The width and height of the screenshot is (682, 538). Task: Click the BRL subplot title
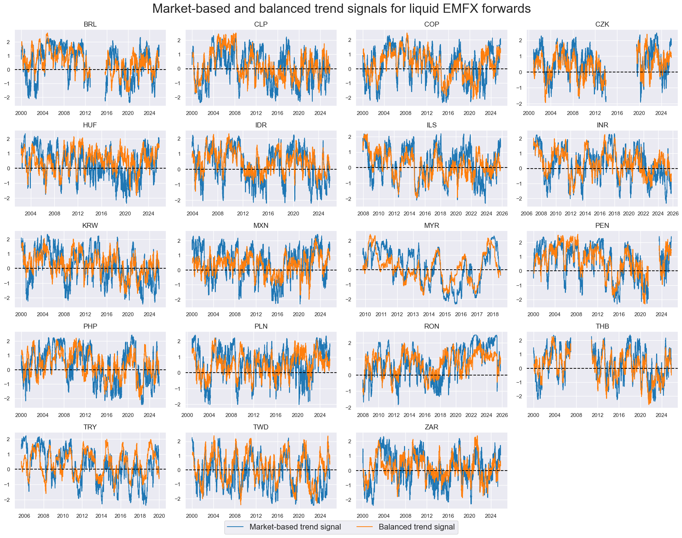pyautogui.click(x=90, y=24)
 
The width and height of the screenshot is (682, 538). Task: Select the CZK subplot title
pyautogui.click(x=602, y=24)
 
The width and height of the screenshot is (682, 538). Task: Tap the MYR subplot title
pyautogui.click(x=431, y=226)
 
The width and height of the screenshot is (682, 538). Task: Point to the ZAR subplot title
pyautogui.click(x=431, y=427)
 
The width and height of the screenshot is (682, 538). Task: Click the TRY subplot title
pyautogui.click(x=90, y=427)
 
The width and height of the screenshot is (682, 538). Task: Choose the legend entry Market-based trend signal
pyautogui.click(x=295, y=527)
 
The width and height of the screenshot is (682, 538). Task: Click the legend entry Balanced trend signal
pyautogui.click(x=416, y=527)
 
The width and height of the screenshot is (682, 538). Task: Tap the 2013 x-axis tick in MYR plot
pyautogui.click(x=413, y=314)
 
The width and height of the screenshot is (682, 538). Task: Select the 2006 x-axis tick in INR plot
pyautogui.click(x=526, y=214)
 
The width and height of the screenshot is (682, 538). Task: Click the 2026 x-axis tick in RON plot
pyautogui.click(x=502, y=415)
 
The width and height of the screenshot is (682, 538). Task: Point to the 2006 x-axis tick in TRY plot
pyautogui.click(x=24, y=516)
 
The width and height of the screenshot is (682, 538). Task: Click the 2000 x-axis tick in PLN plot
pyautogui.click(x=187, y=415)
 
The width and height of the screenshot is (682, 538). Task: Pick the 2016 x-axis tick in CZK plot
pyautogui.click(x=617, y=113)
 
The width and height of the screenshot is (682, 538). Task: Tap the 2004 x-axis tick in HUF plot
pyautogui.click(x=31, y=214)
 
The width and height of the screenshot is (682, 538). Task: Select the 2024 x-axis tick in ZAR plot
pyautogui.click(x=491, y=516)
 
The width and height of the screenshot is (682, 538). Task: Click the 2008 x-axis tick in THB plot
pyautogui.click(x=576, y=415)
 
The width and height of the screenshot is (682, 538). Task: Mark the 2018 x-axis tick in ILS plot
pyautogui.click(x=440, y=214)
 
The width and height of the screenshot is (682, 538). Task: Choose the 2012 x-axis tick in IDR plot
pyautogui.click(x=243, y=214)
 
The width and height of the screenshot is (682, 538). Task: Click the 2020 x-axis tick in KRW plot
pyautogui.click(x=128, y=314)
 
